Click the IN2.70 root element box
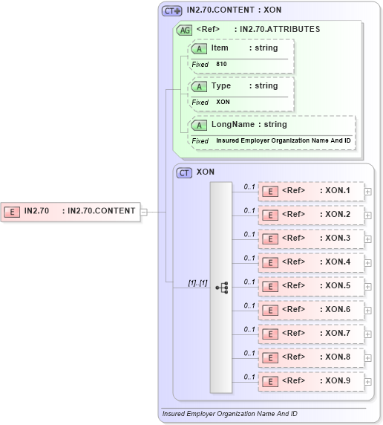point(71,211)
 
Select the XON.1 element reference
point(311,190)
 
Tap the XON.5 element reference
point(311,285)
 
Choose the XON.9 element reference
point(311,380)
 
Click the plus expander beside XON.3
point(368,239)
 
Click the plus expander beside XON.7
point(368,334)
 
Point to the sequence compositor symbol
point(221,287)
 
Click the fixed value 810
point(221,65)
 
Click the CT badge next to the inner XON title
point(184,172)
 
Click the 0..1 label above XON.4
point(249,257)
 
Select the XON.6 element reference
point(311,309)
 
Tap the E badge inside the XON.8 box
point(272,357)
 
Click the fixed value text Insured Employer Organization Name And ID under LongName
point(284,140)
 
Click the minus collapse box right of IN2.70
point(144,212)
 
